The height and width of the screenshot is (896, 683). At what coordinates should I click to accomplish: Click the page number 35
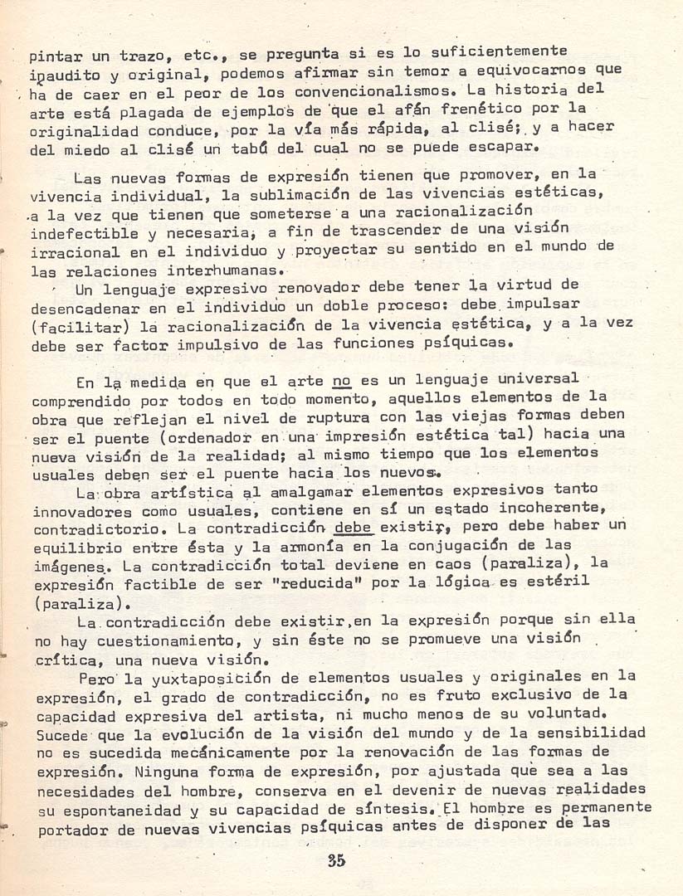coord(335,860)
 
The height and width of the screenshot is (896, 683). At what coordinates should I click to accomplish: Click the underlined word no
coord(341,382)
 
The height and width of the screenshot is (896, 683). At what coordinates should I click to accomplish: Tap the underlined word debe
coord(352,528)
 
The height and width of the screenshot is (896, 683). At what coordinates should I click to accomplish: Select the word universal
coord(537,380)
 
